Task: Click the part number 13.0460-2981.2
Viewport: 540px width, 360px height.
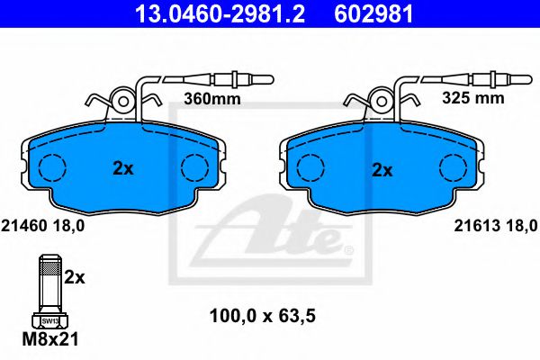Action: [x=220, y=14]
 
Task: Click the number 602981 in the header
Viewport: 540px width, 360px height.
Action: [x=373, y=14]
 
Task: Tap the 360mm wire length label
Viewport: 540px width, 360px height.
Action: [x=212, y=99]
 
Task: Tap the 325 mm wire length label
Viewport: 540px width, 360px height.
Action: [x=473, y=98]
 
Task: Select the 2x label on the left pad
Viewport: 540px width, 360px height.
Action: [x=123, y=169]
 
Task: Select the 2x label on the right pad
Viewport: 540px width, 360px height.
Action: [x=382, y=170]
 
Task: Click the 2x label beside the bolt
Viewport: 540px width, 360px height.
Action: [x=75, y=276]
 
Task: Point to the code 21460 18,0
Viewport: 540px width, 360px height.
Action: [x=43, y=226]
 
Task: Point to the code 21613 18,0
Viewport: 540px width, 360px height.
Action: [x=496, y=226]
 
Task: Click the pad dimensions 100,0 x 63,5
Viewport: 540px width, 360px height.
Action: [x=263, y=316]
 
